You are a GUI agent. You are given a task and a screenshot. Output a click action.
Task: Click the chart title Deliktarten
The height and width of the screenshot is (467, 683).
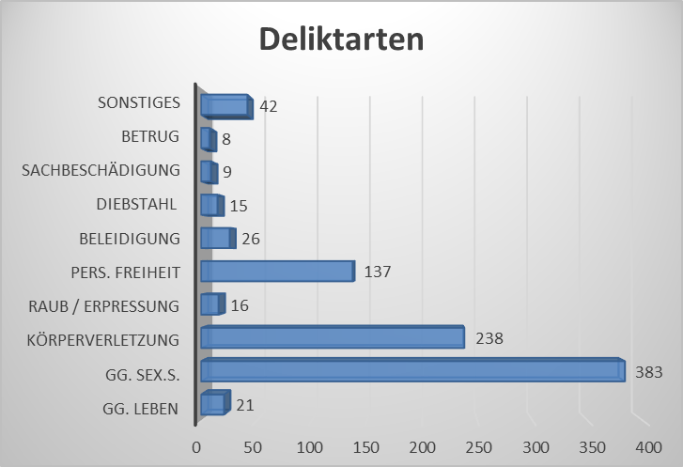click(341, 40)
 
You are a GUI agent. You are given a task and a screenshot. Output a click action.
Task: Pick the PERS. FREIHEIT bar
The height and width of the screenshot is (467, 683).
click(276, 272)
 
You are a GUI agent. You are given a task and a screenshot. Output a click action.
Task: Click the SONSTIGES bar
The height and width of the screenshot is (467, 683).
click(225, 106)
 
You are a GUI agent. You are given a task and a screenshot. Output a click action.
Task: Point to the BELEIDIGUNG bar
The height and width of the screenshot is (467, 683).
click(216, 239)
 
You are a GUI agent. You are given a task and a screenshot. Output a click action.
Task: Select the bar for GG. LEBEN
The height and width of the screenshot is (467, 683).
click(213, 404)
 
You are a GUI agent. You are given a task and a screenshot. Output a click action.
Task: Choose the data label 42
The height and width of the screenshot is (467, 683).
click(269, 106)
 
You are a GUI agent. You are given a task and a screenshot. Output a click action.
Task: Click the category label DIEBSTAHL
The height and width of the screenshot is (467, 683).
click(138, 205)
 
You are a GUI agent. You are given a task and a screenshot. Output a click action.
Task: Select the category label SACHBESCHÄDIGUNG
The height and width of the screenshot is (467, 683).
click(101, 171)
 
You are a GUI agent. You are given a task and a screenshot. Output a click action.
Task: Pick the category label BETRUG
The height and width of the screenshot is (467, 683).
click(150, 137)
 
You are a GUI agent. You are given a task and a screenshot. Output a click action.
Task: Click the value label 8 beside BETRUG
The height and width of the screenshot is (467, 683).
click(226, 140)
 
